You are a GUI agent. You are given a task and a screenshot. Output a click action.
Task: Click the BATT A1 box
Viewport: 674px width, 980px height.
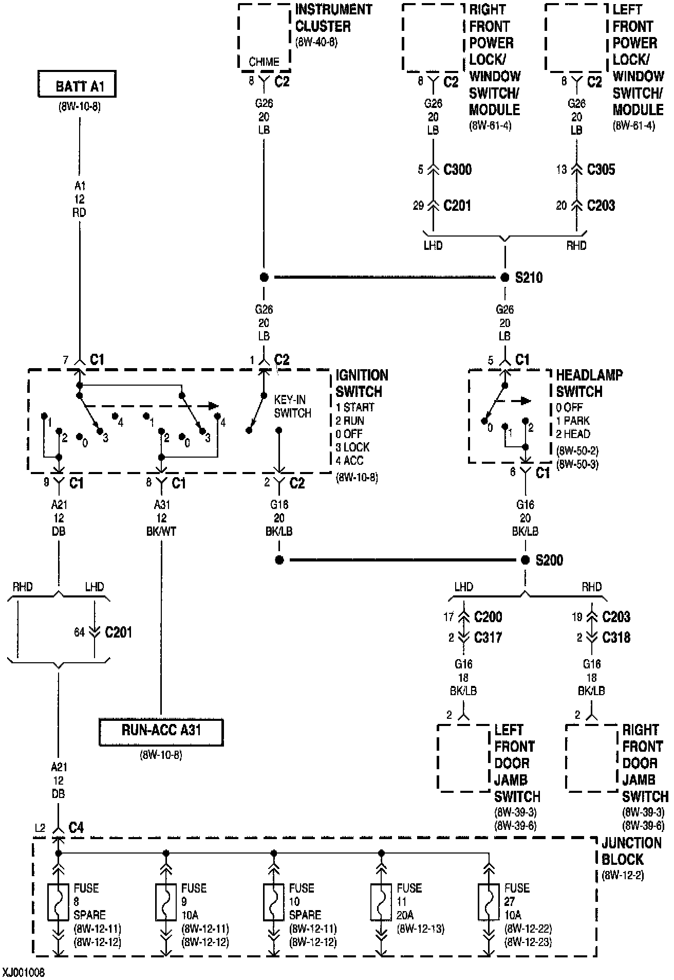[x=77, y=85]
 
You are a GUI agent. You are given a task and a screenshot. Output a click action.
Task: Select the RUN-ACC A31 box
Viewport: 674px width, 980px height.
[x=161, y=732]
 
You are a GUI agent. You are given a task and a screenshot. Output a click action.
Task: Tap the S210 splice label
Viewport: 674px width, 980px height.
[x=529, y=278]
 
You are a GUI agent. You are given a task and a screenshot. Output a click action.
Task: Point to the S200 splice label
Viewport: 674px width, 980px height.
[x=549, y=560]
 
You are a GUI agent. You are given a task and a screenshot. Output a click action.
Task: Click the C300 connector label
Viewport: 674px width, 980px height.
[x=457, y=170]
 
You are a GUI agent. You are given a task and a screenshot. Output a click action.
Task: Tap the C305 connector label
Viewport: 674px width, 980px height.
[x=601, y=170]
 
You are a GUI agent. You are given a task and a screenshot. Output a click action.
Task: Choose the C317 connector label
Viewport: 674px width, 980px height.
[x=488, y=638]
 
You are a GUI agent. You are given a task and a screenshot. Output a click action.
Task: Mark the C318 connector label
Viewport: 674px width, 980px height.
[x=616, y=638]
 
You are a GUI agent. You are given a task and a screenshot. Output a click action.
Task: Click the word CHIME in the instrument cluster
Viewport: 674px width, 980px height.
[x=264, y=62]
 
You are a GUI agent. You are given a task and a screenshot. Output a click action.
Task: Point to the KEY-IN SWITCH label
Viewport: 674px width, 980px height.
[x=292, y=406]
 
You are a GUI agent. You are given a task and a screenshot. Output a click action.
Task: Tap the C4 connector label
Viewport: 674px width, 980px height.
[x=76, y=827]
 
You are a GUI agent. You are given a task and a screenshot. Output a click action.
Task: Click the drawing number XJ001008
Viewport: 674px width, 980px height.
[x=23, y=973]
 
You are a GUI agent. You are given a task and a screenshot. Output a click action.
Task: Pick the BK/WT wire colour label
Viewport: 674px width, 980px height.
[x=161, y=531]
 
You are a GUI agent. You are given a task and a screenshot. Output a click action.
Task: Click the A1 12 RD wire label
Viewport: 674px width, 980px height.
[x=80, y=199]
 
